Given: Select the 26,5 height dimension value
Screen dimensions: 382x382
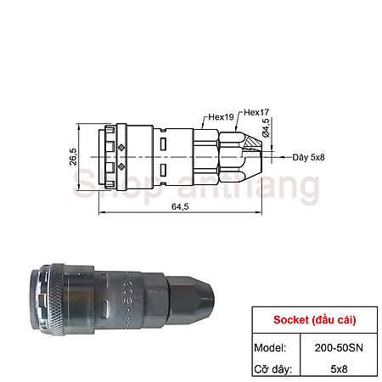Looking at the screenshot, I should [x=73, y=158].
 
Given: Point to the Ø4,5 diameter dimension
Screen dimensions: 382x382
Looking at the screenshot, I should [x=266, y=129].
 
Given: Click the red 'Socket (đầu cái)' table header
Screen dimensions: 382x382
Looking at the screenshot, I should [x=314, y=320].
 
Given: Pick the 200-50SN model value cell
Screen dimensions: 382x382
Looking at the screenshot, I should [x=338, y=346].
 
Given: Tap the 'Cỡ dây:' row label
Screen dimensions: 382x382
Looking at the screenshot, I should [x=274, y=369].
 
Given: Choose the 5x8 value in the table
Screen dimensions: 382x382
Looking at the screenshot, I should [x=338, y=369].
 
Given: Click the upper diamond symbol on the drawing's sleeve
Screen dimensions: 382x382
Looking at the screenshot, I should [x=121, y=148].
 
